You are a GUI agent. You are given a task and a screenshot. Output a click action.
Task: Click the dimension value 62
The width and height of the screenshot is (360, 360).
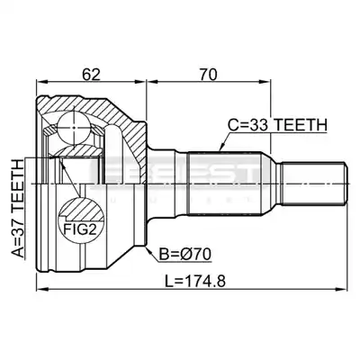pos(92,75)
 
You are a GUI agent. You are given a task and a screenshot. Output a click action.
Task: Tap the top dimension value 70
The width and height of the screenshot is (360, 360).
pos(208,75)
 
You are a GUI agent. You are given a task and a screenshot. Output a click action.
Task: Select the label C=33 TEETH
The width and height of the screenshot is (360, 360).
pos(277,125)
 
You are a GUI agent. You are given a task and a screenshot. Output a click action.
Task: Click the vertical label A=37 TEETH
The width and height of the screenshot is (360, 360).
pos(17,209)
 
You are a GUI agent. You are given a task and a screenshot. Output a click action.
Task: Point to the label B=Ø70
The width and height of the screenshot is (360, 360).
pos(185,255)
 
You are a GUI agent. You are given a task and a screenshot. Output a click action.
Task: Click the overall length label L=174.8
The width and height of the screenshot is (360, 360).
pos(195,282)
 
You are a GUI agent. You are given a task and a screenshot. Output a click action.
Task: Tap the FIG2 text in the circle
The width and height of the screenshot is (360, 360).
pos(79,229)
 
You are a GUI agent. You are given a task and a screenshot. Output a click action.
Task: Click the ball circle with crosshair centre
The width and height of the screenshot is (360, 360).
pos(74,128)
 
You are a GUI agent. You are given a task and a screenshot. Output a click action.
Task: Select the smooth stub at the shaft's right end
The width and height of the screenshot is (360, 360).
pos(314,184)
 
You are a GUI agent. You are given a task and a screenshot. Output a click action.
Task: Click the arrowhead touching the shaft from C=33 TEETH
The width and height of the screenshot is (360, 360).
pos(221,148)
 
